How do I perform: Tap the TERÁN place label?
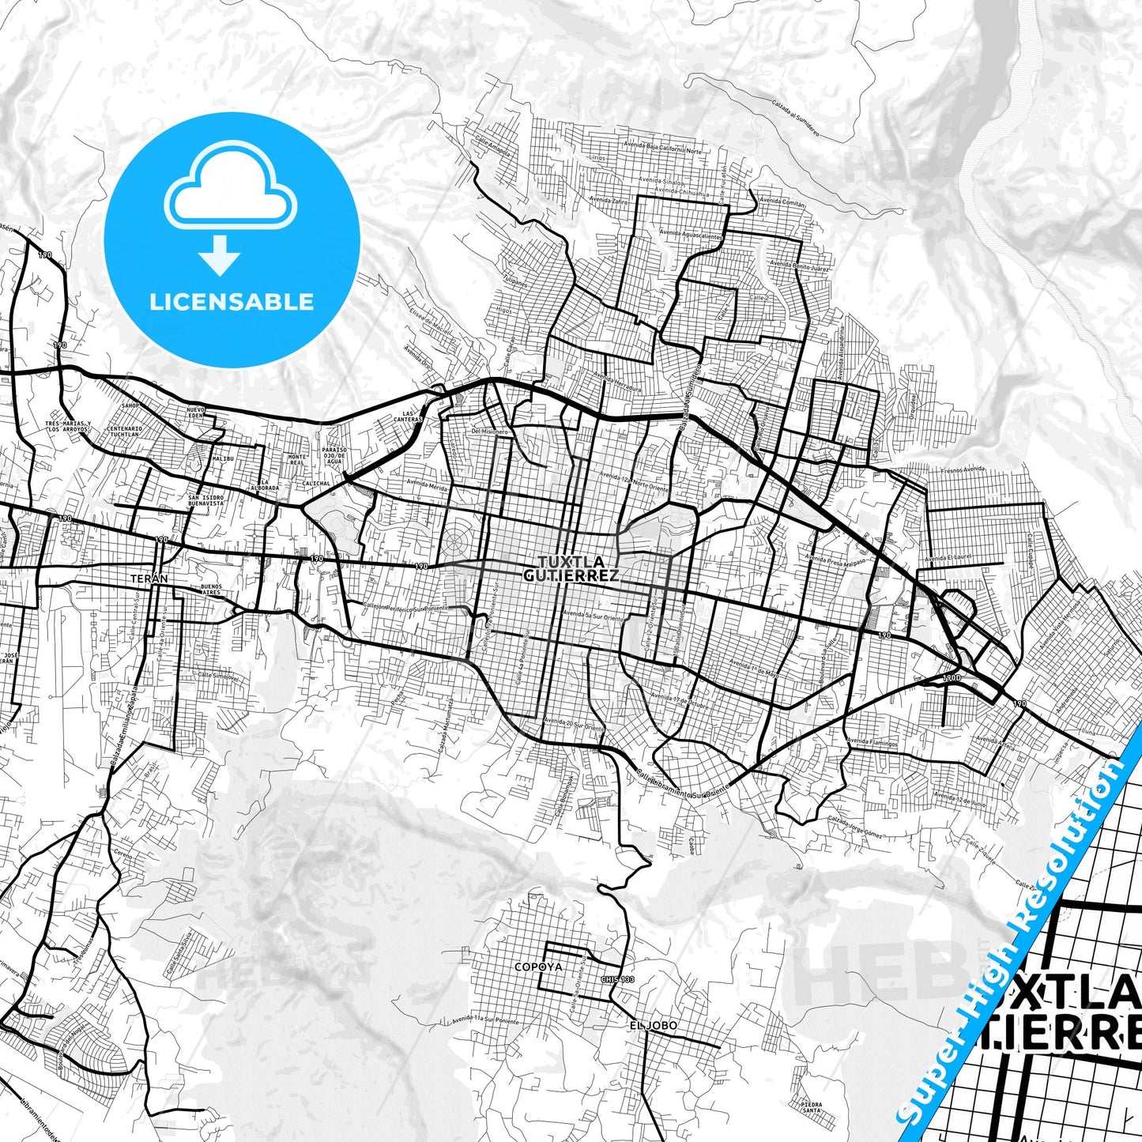149,579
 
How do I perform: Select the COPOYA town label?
538,967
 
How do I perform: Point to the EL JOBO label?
653,1026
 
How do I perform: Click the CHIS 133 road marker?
618,980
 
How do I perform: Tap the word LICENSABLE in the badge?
232,302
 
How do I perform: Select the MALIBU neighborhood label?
224,458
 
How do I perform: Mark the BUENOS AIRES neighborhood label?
211,589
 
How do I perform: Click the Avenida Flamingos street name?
872,743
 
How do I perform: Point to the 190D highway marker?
952,678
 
